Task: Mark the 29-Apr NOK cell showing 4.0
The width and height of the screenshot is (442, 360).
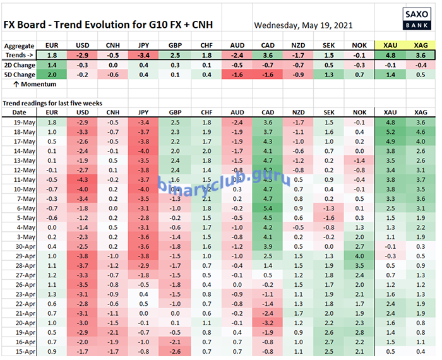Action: (x=360, y=255)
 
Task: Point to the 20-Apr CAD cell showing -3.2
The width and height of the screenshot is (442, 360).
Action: (x=268, y=322)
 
